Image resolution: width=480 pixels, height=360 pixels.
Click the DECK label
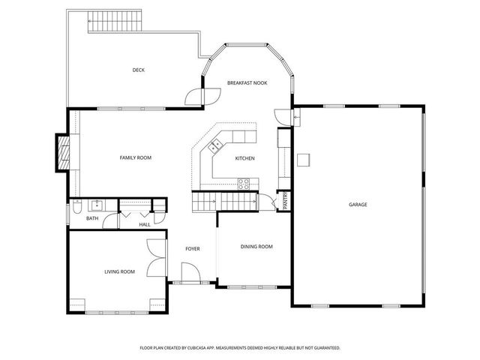(138, 70)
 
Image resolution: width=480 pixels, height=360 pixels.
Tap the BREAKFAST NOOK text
(247, 82)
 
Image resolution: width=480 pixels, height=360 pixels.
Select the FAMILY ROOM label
(136, 157)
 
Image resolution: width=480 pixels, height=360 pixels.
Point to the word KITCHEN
(244, 158)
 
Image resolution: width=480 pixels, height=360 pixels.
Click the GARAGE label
(358, 204)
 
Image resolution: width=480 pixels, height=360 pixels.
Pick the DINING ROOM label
(256, 247)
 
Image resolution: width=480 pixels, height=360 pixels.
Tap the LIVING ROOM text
(119, 271)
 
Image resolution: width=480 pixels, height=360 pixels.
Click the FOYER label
(193, 248)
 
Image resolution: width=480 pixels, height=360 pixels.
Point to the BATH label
(92, 218)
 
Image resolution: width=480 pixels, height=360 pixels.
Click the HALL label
(145, 223)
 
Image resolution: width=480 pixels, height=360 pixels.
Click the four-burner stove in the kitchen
(244, 182)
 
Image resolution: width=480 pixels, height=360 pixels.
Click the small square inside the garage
(304, 160)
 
